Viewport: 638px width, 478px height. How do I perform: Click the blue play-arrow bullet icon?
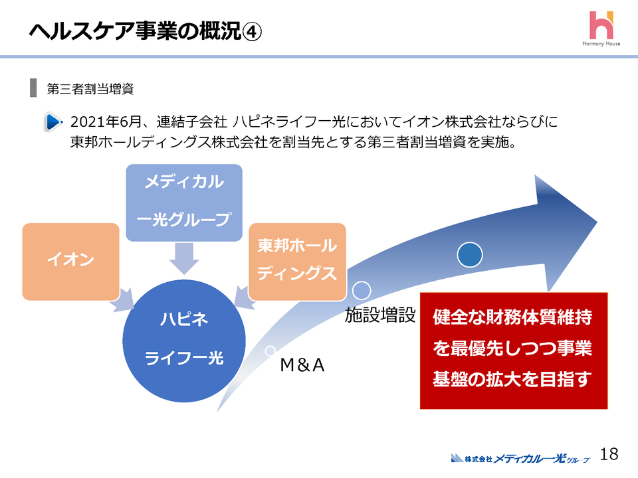point(54,122)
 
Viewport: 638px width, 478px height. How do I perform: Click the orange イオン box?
point(70,261)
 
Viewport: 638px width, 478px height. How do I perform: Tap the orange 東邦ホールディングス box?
point(297,261)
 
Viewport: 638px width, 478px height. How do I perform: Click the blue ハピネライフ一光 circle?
point(184,339)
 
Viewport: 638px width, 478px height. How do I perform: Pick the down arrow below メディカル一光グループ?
point(184,258)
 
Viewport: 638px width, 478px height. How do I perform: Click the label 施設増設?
point(379,316)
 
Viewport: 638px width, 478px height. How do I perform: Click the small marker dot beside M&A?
point(270,350)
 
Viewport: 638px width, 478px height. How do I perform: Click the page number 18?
point(609,454)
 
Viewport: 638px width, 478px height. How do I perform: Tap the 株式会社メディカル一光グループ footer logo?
point(520,457)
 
